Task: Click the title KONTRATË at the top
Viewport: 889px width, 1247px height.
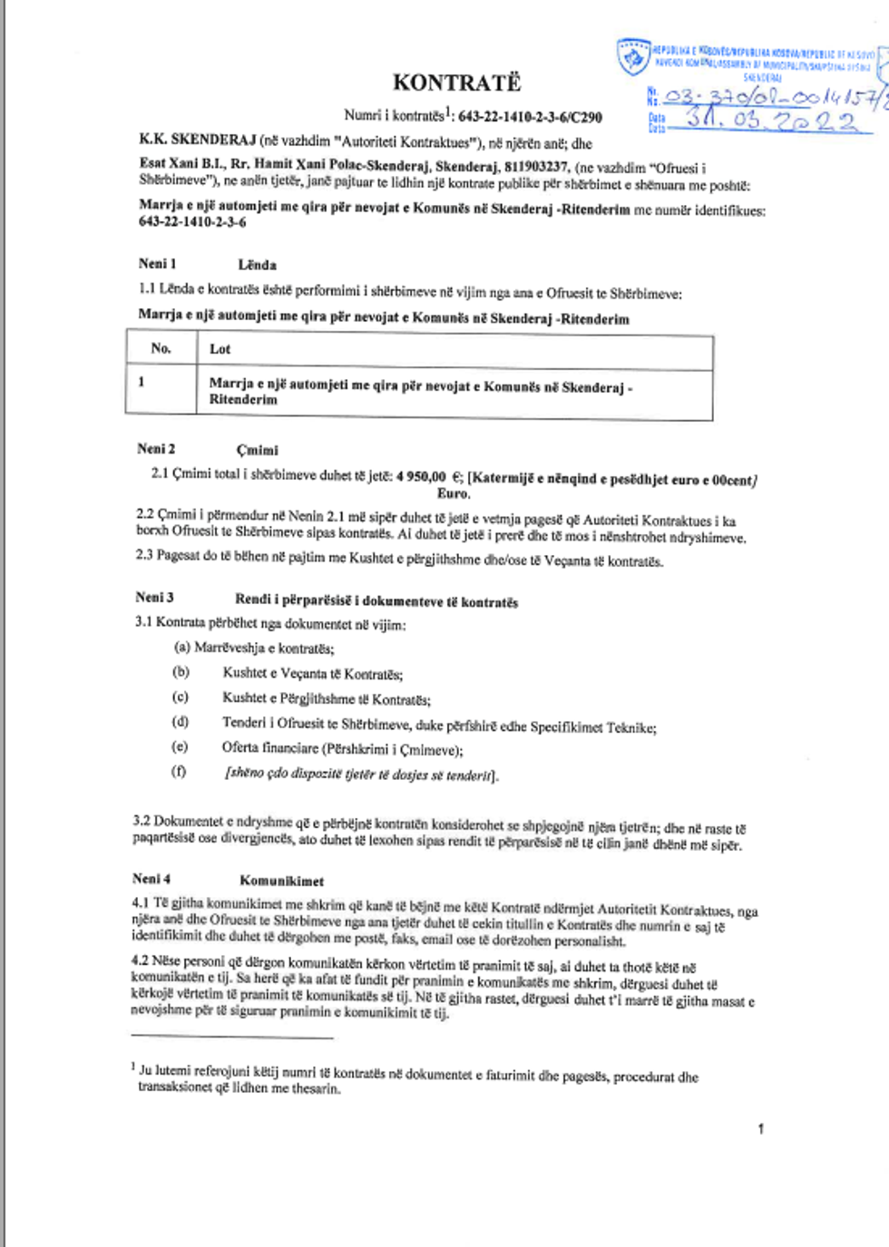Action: point(456,83)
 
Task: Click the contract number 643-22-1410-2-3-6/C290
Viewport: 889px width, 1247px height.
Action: point(530,116)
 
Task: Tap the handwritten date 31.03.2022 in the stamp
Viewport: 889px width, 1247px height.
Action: point(770,119)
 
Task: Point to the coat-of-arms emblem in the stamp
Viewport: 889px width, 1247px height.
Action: point(633,56)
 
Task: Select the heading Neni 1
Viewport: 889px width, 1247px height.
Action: point(157,264)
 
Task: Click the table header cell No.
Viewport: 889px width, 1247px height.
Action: point(161,348)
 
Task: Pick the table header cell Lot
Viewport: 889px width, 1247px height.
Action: point(220,349)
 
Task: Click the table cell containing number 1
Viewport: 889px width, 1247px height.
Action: point(142,382)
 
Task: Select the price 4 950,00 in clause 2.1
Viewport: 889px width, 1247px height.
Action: point(421,477)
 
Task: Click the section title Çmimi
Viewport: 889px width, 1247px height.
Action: point(258,450)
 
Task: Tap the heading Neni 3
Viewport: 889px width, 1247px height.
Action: point(154,598)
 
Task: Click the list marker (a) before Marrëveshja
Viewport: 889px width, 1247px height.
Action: point(181,648)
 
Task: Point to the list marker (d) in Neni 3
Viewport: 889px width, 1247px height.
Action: point(181,722)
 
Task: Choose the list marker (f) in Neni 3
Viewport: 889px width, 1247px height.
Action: point(179,771)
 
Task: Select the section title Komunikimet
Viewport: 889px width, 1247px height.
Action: point(281,881)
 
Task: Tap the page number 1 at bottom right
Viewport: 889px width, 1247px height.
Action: point(760,1128)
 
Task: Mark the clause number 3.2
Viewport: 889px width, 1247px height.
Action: point(142,821)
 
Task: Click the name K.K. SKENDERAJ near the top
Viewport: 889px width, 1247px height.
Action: point(197,141)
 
